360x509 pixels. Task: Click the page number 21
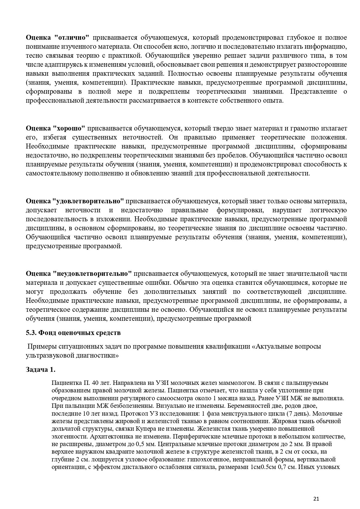tap(316, 499)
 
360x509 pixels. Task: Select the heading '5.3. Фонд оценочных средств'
tap(73, 333)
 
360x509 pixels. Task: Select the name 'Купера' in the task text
tap(180, 428)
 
